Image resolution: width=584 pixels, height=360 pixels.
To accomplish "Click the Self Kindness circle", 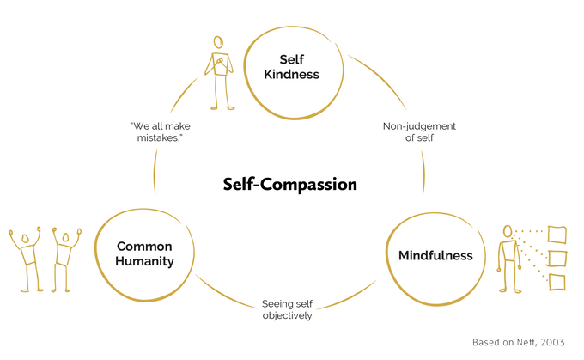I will tap(287, 67).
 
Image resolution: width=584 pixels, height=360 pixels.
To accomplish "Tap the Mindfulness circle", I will tap(435, 255).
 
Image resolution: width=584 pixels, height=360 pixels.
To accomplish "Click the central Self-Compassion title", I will tap(289, 184).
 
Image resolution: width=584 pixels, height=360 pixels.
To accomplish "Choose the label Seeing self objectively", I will tap(286, 309).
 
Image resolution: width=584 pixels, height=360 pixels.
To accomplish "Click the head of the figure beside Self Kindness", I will tap(219, 43).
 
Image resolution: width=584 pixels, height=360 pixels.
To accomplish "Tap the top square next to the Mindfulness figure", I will tap(557, 233).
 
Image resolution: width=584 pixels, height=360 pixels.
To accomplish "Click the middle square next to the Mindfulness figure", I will tap(557, 257).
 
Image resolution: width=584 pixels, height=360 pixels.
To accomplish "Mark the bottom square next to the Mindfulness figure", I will tap(557, 282).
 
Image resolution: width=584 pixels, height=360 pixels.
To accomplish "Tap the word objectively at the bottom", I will tap(286, 316).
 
